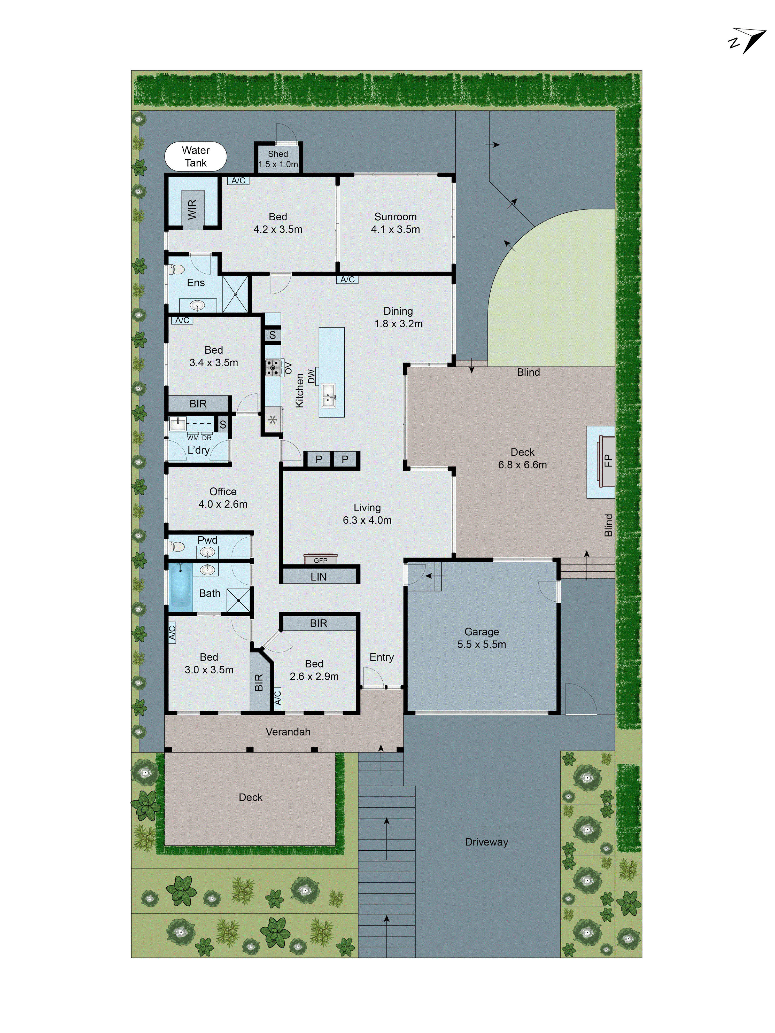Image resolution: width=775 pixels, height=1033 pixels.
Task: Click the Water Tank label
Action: [x=195, y=157]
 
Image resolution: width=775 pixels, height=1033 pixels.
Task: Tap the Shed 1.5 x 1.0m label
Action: [x=278, y=159]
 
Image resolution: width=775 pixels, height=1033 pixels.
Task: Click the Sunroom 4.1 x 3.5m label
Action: [x=395, y=223]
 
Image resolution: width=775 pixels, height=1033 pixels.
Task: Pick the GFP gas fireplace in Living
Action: [x=321, y=559]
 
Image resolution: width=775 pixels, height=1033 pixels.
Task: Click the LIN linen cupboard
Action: [x=319, y=577]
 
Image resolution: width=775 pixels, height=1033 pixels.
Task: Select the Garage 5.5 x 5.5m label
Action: [x=482, y=638]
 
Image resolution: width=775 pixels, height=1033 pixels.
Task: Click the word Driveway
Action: [x=486, y=842]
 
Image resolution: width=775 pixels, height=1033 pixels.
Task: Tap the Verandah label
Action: [x=288, y=732]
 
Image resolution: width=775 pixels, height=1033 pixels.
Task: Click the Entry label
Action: [x=381, y=657]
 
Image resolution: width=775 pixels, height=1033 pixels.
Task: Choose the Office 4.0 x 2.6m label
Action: [x=223, y=498]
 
